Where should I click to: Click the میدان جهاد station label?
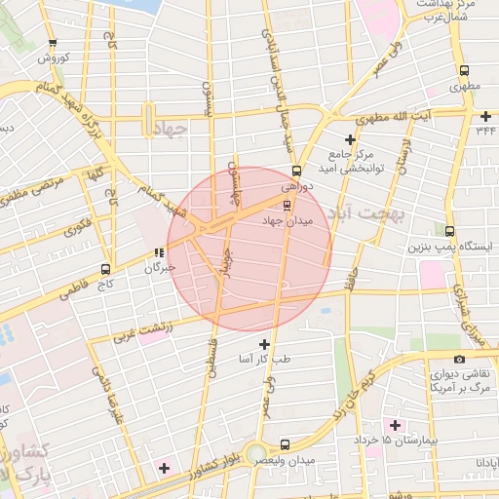tap(288, 222)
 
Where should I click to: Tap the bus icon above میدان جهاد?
tap(287, 205)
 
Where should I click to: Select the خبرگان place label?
tap(160, 267)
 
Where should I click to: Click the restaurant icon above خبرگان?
tap(159, 252)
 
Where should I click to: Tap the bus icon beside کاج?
tap(106, 268)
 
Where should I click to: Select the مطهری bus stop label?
tap(464, 87)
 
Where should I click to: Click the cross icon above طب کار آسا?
tap(264, 344)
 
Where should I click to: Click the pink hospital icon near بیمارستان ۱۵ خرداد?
tap(395, 425)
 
